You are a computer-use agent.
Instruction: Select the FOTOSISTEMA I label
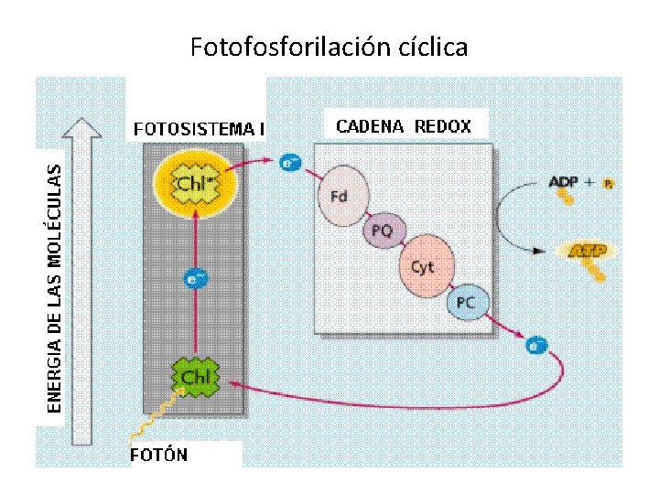tap(199, 129)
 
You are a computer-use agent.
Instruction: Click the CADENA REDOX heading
tap(404, 126)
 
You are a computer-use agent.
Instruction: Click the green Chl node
tap(194, 376)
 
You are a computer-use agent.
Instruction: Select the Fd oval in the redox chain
tap(340, 194)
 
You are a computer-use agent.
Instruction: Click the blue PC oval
tap(467, 303)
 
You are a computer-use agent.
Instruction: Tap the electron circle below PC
tap(537, 345)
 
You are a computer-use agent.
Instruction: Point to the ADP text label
tap(563, 182)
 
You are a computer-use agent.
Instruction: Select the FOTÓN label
tap(159, 455)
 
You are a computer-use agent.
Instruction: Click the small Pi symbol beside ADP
tap(609, 184)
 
